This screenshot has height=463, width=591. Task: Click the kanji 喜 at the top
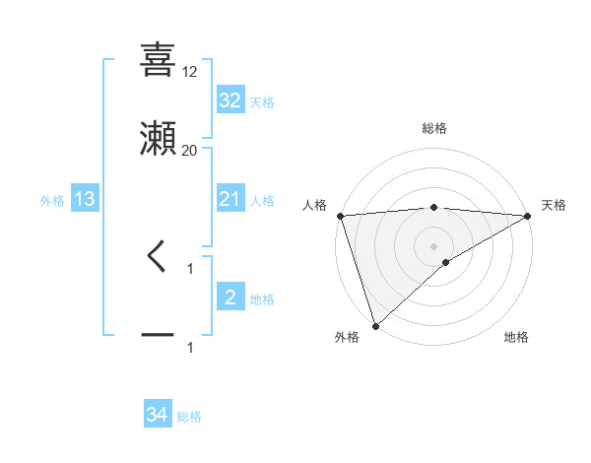(158, 60)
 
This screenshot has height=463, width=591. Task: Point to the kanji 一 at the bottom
(158, 336)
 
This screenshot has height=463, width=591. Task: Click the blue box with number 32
(230, 100)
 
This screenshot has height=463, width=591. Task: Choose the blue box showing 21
(230, 199)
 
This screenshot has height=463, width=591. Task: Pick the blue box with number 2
(230, 298)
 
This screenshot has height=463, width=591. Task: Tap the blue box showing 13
(84, 199)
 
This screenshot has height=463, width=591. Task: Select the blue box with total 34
(158, 415)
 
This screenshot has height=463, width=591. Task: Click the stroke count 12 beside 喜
(190, 71)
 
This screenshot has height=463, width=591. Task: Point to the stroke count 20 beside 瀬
(190, 150)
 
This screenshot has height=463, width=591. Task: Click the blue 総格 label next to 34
(189, 417)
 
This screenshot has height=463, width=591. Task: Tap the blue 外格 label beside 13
(52, 200)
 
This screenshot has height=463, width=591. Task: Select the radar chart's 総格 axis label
(434, 128)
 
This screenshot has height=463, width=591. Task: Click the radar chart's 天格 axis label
(554, 205)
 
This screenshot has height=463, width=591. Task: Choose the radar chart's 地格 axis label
(516, 337)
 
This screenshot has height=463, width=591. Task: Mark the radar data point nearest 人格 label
(340, 215)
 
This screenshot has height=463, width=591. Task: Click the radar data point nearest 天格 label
(528, 215)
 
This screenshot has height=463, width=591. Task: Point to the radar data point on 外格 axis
(375, 325)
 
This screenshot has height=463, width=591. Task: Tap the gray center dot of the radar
(434, 245)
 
